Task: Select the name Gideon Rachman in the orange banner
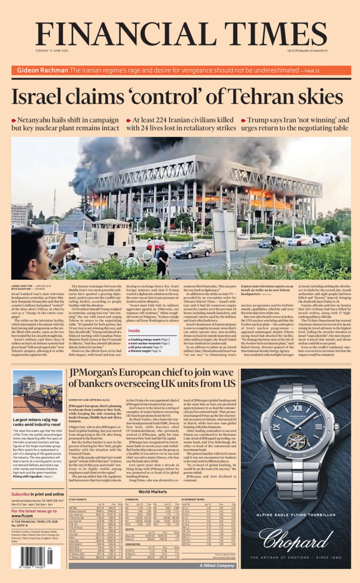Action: (42, 71)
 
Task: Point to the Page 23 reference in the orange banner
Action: (311, 71)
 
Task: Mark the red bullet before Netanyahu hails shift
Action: (14, 121)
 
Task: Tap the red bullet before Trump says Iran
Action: (243, 121)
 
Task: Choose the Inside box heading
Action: (134, 331)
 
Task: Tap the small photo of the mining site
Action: (37, 392)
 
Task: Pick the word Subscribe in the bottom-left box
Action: (20, 494)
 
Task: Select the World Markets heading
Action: (152, 492)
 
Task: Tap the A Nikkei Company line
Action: (217, 566)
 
